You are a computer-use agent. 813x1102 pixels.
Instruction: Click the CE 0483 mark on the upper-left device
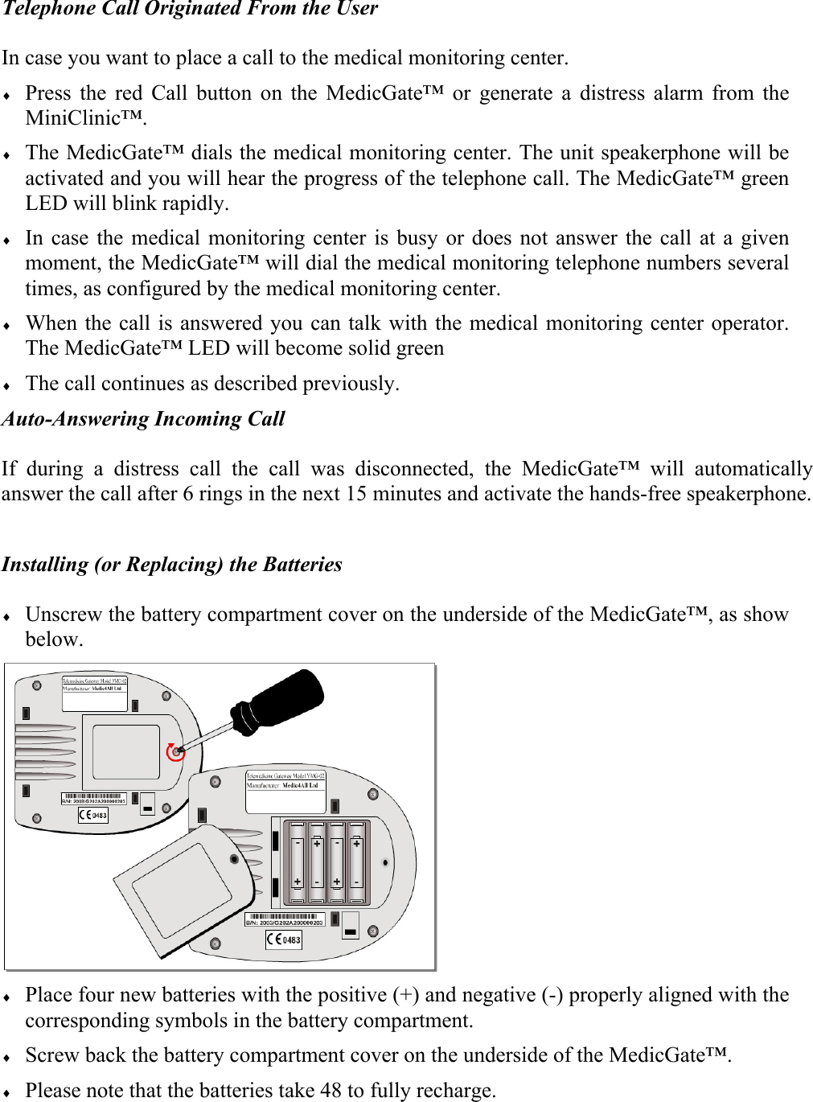[x=93, y=815]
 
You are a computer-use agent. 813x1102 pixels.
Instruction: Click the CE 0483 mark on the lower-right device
[x=284, y=939]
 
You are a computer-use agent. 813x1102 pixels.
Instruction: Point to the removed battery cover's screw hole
[x=235, y=860]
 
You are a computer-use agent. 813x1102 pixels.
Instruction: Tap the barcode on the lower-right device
[x=285, y=917]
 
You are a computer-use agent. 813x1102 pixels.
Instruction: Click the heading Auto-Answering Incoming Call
[x=143, y=419]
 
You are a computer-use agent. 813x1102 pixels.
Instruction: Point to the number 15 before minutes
[x=356, y=494]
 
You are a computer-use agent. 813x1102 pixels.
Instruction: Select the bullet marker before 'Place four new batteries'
[x=7, y=997]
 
